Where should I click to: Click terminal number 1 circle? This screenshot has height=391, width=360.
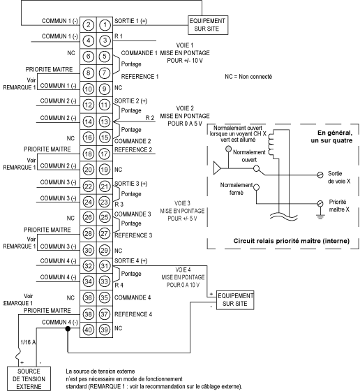click(105, 24)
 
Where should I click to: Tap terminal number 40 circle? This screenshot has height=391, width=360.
click(88, 330)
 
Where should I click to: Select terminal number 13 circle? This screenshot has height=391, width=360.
click(105, 121)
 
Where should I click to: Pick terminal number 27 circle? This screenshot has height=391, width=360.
click(105, 234)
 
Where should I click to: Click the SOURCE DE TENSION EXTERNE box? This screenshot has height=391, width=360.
click(29, 378)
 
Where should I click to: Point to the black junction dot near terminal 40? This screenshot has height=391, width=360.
click(68, 329)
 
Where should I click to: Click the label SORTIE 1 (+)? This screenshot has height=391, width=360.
click(130, 21)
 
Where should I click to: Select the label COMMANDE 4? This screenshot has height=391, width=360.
click(133, 297)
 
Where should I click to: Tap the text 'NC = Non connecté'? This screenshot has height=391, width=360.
click(248, 77)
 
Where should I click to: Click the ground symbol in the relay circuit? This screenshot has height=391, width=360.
click(320, 216)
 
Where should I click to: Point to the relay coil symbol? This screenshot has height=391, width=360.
click(271, 144)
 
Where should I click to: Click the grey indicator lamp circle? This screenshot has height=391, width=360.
click(228, 149)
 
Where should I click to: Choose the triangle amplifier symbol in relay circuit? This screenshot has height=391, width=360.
click(217, 168)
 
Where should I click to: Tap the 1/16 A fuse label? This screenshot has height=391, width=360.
click(28, 342)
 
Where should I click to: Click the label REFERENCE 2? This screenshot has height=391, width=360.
click(133, 149)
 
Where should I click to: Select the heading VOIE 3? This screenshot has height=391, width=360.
click(182, 203)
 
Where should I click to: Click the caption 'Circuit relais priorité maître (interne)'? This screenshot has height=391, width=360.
click(292, 241)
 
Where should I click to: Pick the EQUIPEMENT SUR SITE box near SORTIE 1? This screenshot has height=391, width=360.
click(208, 25)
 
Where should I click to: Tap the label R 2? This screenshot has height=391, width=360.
click(150, 118)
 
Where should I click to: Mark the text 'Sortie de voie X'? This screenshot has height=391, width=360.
click(339, 177)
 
